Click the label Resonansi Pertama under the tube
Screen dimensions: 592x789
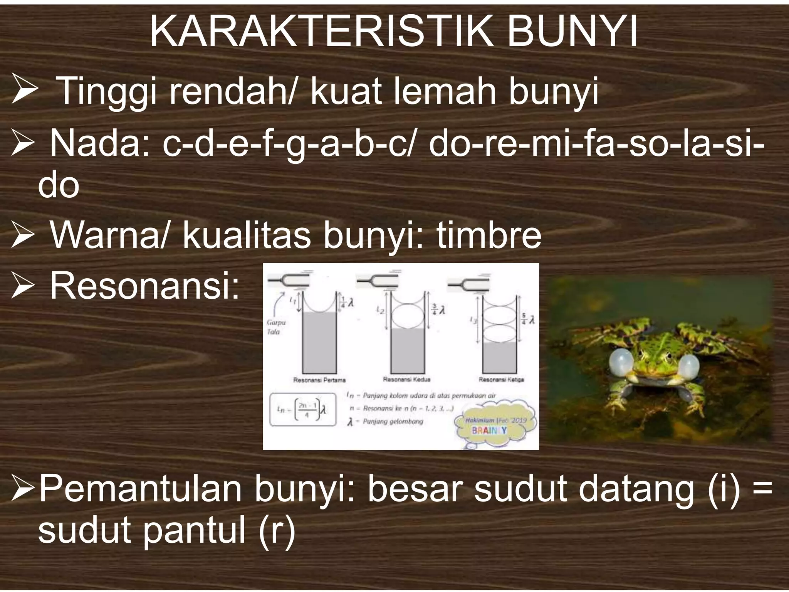pos(319,380)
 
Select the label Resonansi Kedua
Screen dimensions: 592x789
pos(406,380)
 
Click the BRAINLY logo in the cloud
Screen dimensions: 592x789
pos(489,430)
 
